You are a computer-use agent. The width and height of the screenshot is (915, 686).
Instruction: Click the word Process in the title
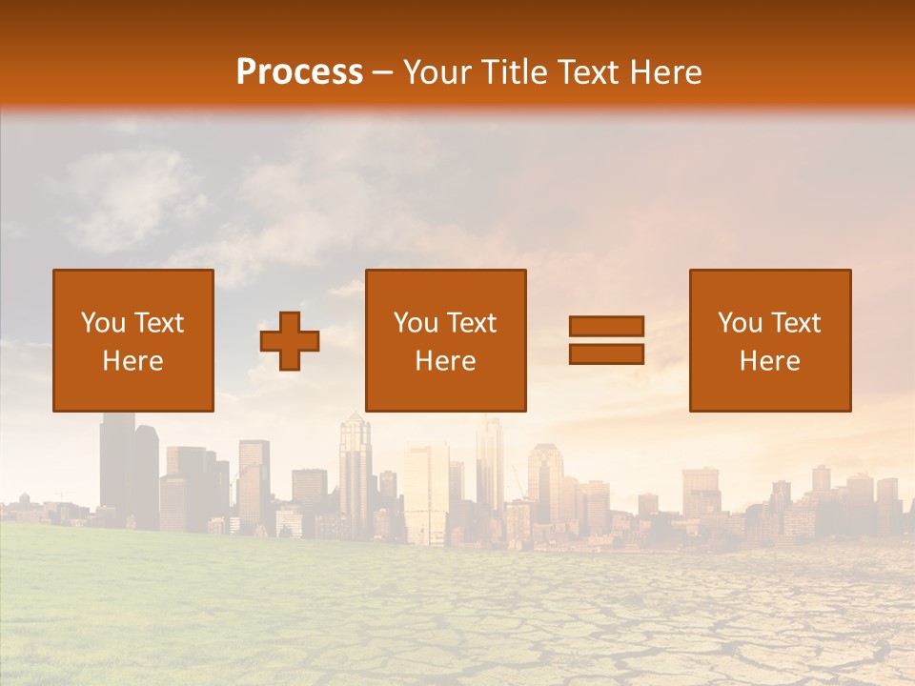(299, 72)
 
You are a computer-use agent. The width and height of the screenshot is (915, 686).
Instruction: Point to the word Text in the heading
(586, 72)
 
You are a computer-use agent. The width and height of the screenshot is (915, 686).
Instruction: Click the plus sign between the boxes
(290, 341)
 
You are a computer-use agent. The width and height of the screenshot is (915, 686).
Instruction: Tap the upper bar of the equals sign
(606, 326)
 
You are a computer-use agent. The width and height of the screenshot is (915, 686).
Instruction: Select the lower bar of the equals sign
(606, 354)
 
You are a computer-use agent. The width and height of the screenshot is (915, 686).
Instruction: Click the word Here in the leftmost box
(133, 361)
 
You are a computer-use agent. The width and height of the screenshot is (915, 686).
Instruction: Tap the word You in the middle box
(416, 323)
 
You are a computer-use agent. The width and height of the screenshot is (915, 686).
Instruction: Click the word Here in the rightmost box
(769, 361)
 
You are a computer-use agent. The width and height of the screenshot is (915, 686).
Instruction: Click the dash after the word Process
(382, 73)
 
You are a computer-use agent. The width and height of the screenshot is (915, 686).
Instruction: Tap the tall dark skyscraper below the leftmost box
(117, 467)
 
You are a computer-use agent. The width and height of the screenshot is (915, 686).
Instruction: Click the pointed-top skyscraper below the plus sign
(355, 467)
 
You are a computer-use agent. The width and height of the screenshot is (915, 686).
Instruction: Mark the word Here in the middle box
(445, 361)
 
